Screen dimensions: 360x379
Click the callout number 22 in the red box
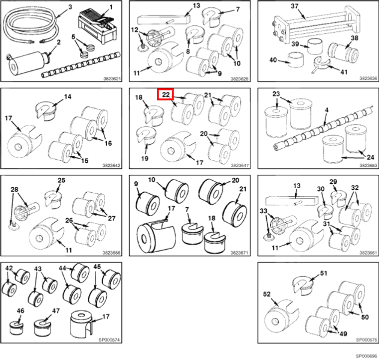point(166,94)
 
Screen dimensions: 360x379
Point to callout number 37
point(295,6)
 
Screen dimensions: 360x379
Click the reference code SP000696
point(366,356)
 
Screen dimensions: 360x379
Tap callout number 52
point(267,295)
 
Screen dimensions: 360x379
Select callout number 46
point(20,311)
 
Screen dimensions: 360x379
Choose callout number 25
point(61,180)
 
